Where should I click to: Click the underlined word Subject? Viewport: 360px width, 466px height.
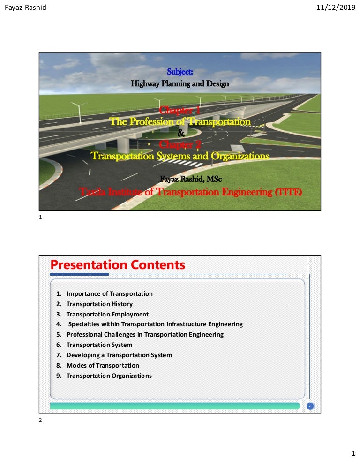pyautogui.click(x=180, y=72)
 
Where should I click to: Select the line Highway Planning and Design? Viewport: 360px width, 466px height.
pyautogui.click(x=180, y=84)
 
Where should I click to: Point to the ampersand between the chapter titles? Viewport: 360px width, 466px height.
pyautogui.click(x=180, y=133)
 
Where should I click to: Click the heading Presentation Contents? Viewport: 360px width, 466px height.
pyautogui.click(x=118, y=265)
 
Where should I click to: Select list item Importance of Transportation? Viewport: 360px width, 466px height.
pyautogui.click(x=109, y=293)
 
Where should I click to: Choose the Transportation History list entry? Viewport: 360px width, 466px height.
pyautogui.click(x=99, y=304)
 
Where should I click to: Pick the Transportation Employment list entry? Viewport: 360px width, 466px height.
pyautogui.click(x=107, y=314)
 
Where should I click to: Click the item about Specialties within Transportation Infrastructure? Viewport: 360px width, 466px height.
pyautogui.click(x=155, y=324)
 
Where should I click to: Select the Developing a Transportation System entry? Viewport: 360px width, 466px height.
pyautogui.click(x=119, y=355)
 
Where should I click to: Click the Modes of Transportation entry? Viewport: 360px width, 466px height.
pyautogui.click(x=103, y=365)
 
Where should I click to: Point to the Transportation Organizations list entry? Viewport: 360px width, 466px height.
pyautogui.click(x=109, y=376)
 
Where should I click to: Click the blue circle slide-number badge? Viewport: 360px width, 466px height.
pyautogui.click(x=309, y=406)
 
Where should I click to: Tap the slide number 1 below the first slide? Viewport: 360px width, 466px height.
pyautogui.click(x=41, y=218)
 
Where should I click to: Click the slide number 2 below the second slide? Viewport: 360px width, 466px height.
pyautogui.click(x=41, y=421)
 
